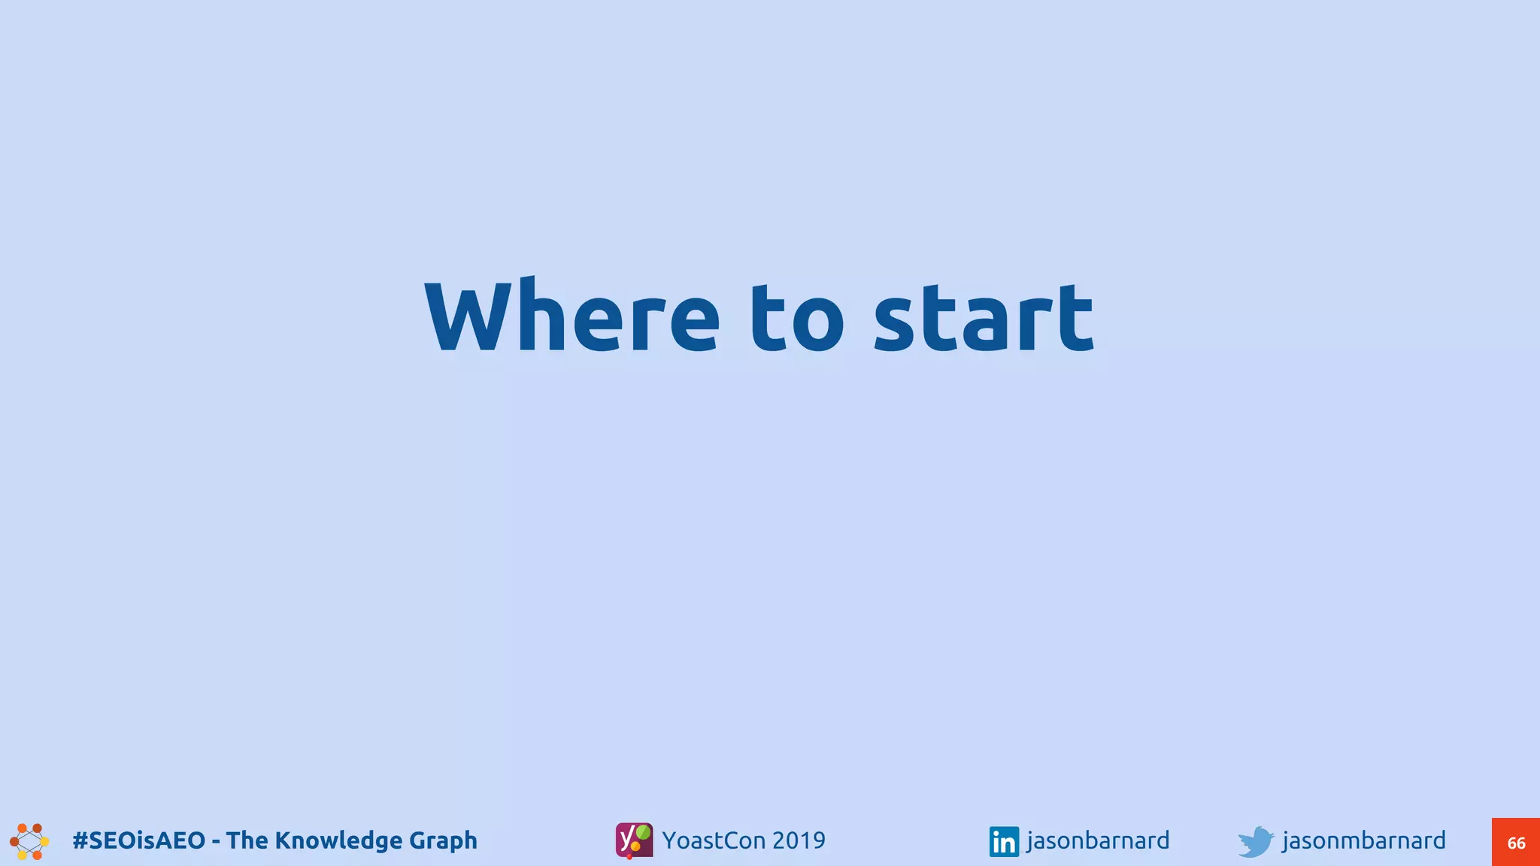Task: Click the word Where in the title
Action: [x=571, y=316]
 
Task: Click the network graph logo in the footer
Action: [x=29, y=841]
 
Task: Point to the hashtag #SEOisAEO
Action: [x=138, y=840]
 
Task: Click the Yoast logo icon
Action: [x=634, y=840]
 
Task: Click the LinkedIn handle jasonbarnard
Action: [x=1098, y=840]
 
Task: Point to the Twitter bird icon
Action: [x=1256, y=841]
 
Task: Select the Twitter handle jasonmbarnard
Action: [x=1363, y=840]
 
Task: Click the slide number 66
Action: [x=1516, y=843]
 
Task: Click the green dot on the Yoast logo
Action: [x=644, y=831]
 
